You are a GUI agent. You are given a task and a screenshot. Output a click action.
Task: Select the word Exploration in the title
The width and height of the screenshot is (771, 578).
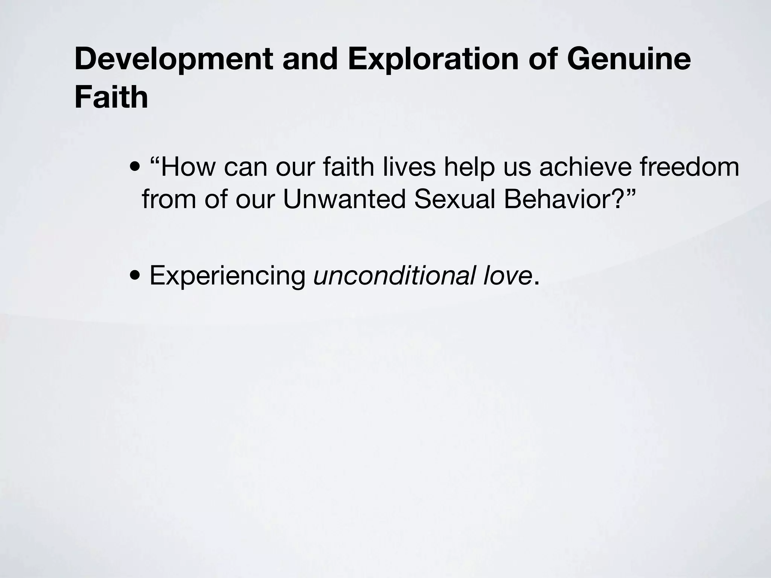pyautogui.click(x=433, y=59)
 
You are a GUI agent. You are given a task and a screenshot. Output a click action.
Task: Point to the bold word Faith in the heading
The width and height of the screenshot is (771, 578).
pyautogui.click(x=111, y=97)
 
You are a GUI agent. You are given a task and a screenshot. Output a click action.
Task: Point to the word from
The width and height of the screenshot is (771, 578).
pyautogui.click(x=169, y=199)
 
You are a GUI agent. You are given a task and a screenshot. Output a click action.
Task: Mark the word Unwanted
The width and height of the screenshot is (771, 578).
pyautogui.click(x=344, y=199)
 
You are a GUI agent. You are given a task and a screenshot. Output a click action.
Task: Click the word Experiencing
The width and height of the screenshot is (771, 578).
pyautogui.click(x=227, y=276)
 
